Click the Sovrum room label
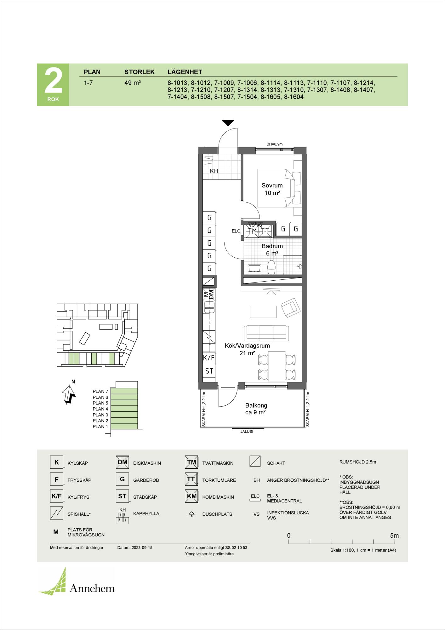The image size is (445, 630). tap(272, 186)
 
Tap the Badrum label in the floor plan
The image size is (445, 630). tap(272, 246)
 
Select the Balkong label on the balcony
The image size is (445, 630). tap(256, 406)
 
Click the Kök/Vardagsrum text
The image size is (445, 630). tap(247, 346)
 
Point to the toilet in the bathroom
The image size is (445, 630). tap(271, 267)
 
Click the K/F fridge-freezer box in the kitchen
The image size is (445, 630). tap(209, 358)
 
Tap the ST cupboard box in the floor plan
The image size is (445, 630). tap(209, 371)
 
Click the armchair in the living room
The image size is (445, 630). tap(290, 307)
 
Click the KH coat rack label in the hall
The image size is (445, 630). tap(214, 171)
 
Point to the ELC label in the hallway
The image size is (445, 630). tap(236, 231)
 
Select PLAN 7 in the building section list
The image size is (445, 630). tap(100, 391)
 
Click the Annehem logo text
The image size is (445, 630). tap(92, 588)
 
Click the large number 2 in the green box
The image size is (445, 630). tap(53, 81)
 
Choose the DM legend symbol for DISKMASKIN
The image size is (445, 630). tap(122, 462)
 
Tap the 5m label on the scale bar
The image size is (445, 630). tap(394, 535)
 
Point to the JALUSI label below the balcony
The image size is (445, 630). tap(247, 431)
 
